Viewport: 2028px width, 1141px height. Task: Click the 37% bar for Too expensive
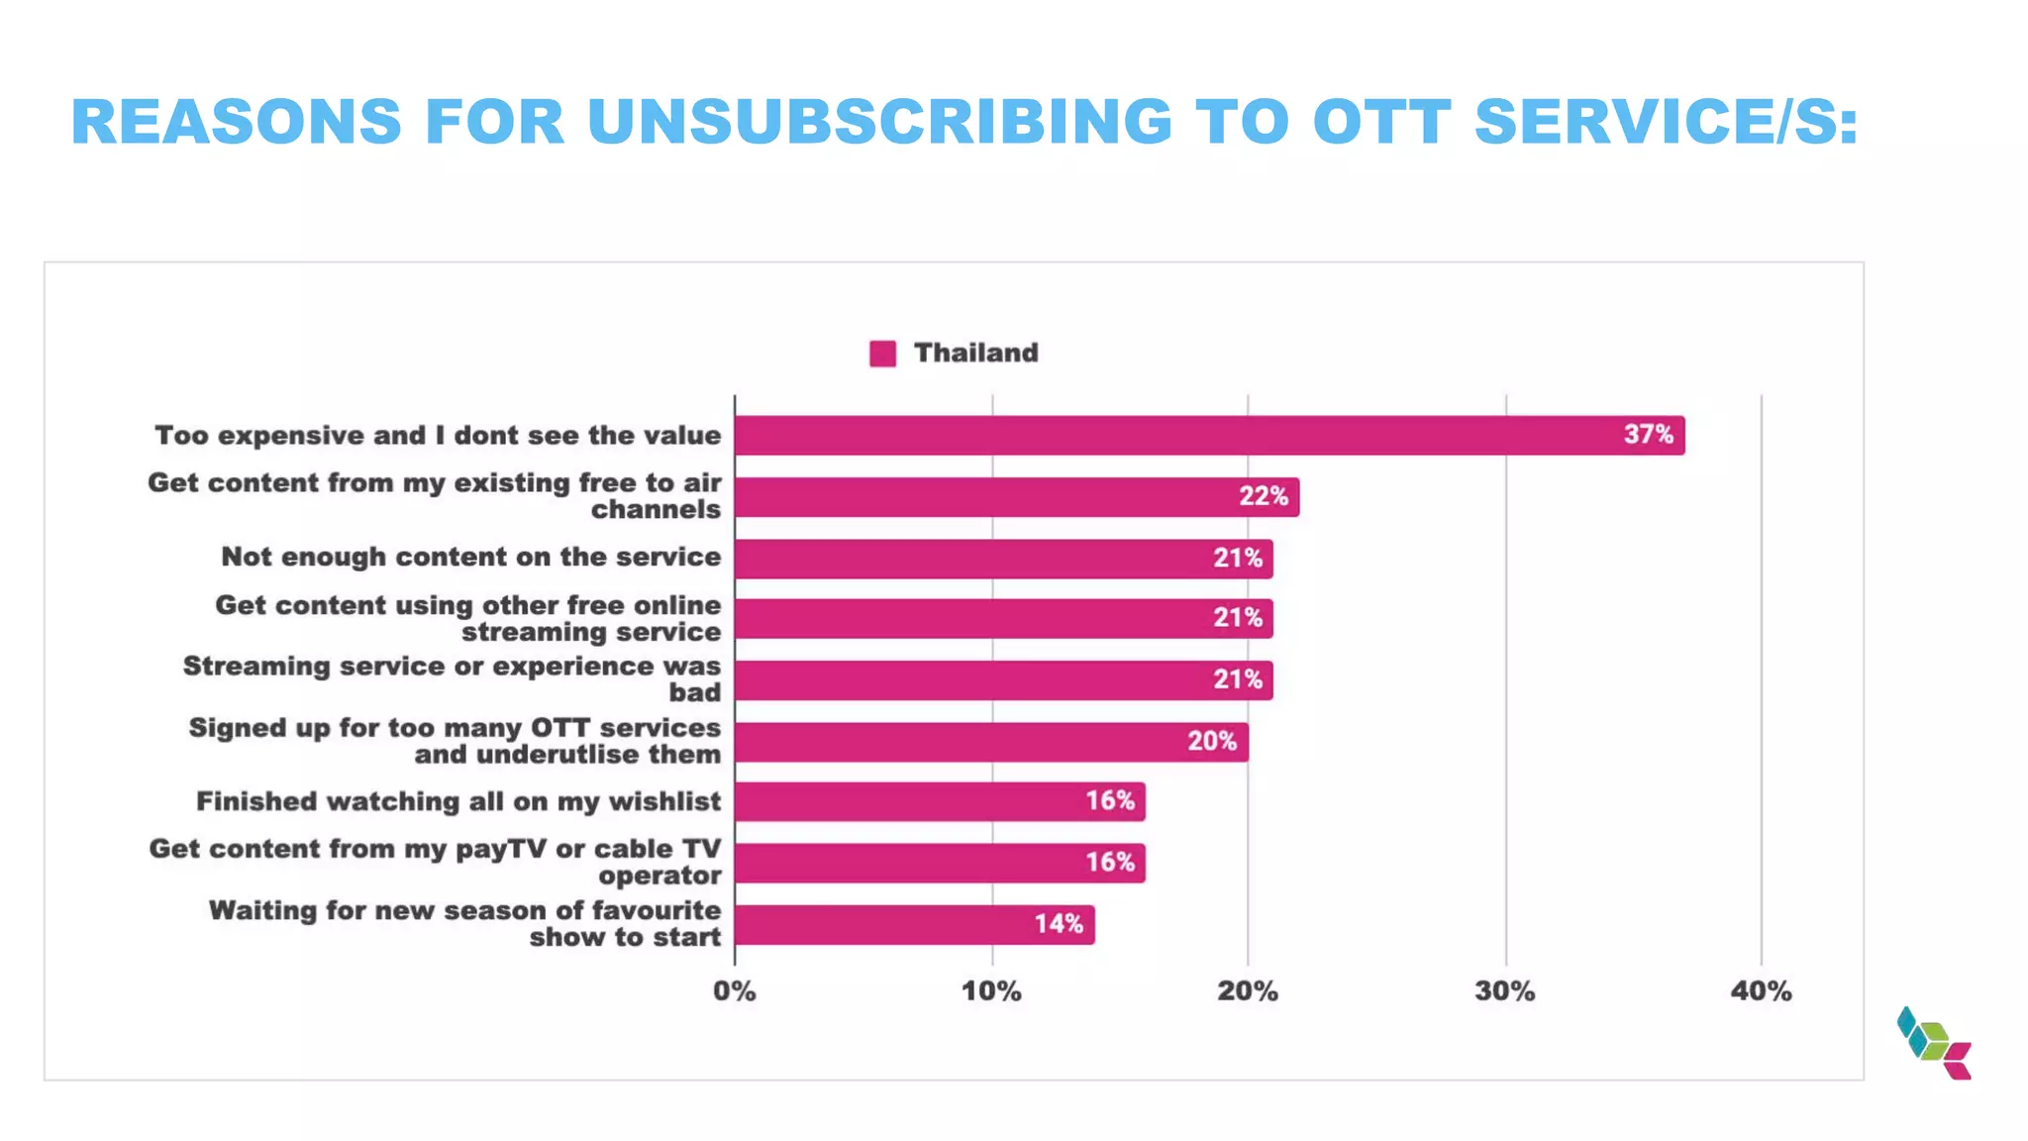[1208, 436]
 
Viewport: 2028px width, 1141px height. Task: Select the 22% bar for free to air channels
[1016, 497]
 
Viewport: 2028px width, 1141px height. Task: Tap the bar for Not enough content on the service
[1003, 559]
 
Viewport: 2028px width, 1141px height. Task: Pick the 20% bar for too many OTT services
[990, 742]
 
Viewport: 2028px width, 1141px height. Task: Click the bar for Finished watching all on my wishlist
[939, 801]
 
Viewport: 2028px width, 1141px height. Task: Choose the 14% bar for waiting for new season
[914, 925]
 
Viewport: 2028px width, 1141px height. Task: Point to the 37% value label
[1648, 435]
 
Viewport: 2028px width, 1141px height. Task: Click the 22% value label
[1264, 496]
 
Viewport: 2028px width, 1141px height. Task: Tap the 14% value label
[1059, 924]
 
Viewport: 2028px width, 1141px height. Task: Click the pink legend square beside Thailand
[882, 354]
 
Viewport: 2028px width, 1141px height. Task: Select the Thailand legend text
[975, 353]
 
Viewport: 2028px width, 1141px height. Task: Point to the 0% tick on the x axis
[735, 991]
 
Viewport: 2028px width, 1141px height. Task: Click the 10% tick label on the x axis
[991, 991]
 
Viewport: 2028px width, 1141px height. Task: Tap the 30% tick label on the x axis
[1504, 991]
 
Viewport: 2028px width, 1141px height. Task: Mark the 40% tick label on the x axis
[1761, 991]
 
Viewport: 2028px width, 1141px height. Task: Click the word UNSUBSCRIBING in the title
[879, 122]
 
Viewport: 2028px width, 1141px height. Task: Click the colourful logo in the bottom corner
[1934, 1043]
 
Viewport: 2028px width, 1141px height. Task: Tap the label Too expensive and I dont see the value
[438, 436]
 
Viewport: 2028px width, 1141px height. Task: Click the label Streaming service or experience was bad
[452, 679]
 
